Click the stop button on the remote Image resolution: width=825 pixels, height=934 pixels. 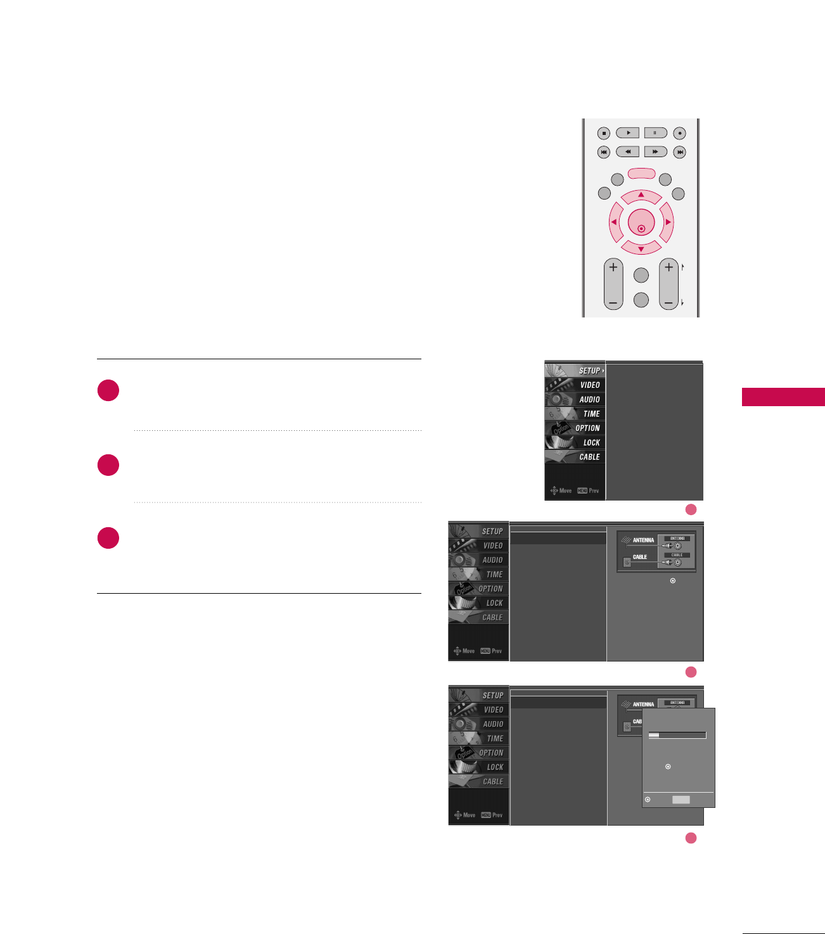604,133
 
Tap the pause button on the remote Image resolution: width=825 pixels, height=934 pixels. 655,133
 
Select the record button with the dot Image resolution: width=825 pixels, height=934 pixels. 679,133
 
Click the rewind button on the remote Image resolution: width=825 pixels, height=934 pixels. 627,152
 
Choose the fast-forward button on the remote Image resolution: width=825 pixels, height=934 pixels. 655,152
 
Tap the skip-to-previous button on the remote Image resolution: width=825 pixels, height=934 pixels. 604,152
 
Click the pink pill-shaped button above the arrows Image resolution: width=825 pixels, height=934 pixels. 641,173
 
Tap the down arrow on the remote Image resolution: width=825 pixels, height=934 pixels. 641,248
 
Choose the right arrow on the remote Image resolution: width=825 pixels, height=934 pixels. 667,222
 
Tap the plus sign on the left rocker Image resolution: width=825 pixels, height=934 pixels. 613,267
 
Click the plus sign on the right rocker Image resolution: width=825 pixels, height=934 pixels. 669,267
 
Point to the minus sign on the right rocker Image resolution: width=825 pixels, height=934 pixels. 669,304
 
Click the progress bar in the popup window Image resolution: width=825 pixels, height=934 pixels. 677,736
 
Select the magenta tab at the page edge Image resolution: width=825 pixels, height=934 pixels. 783,397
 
